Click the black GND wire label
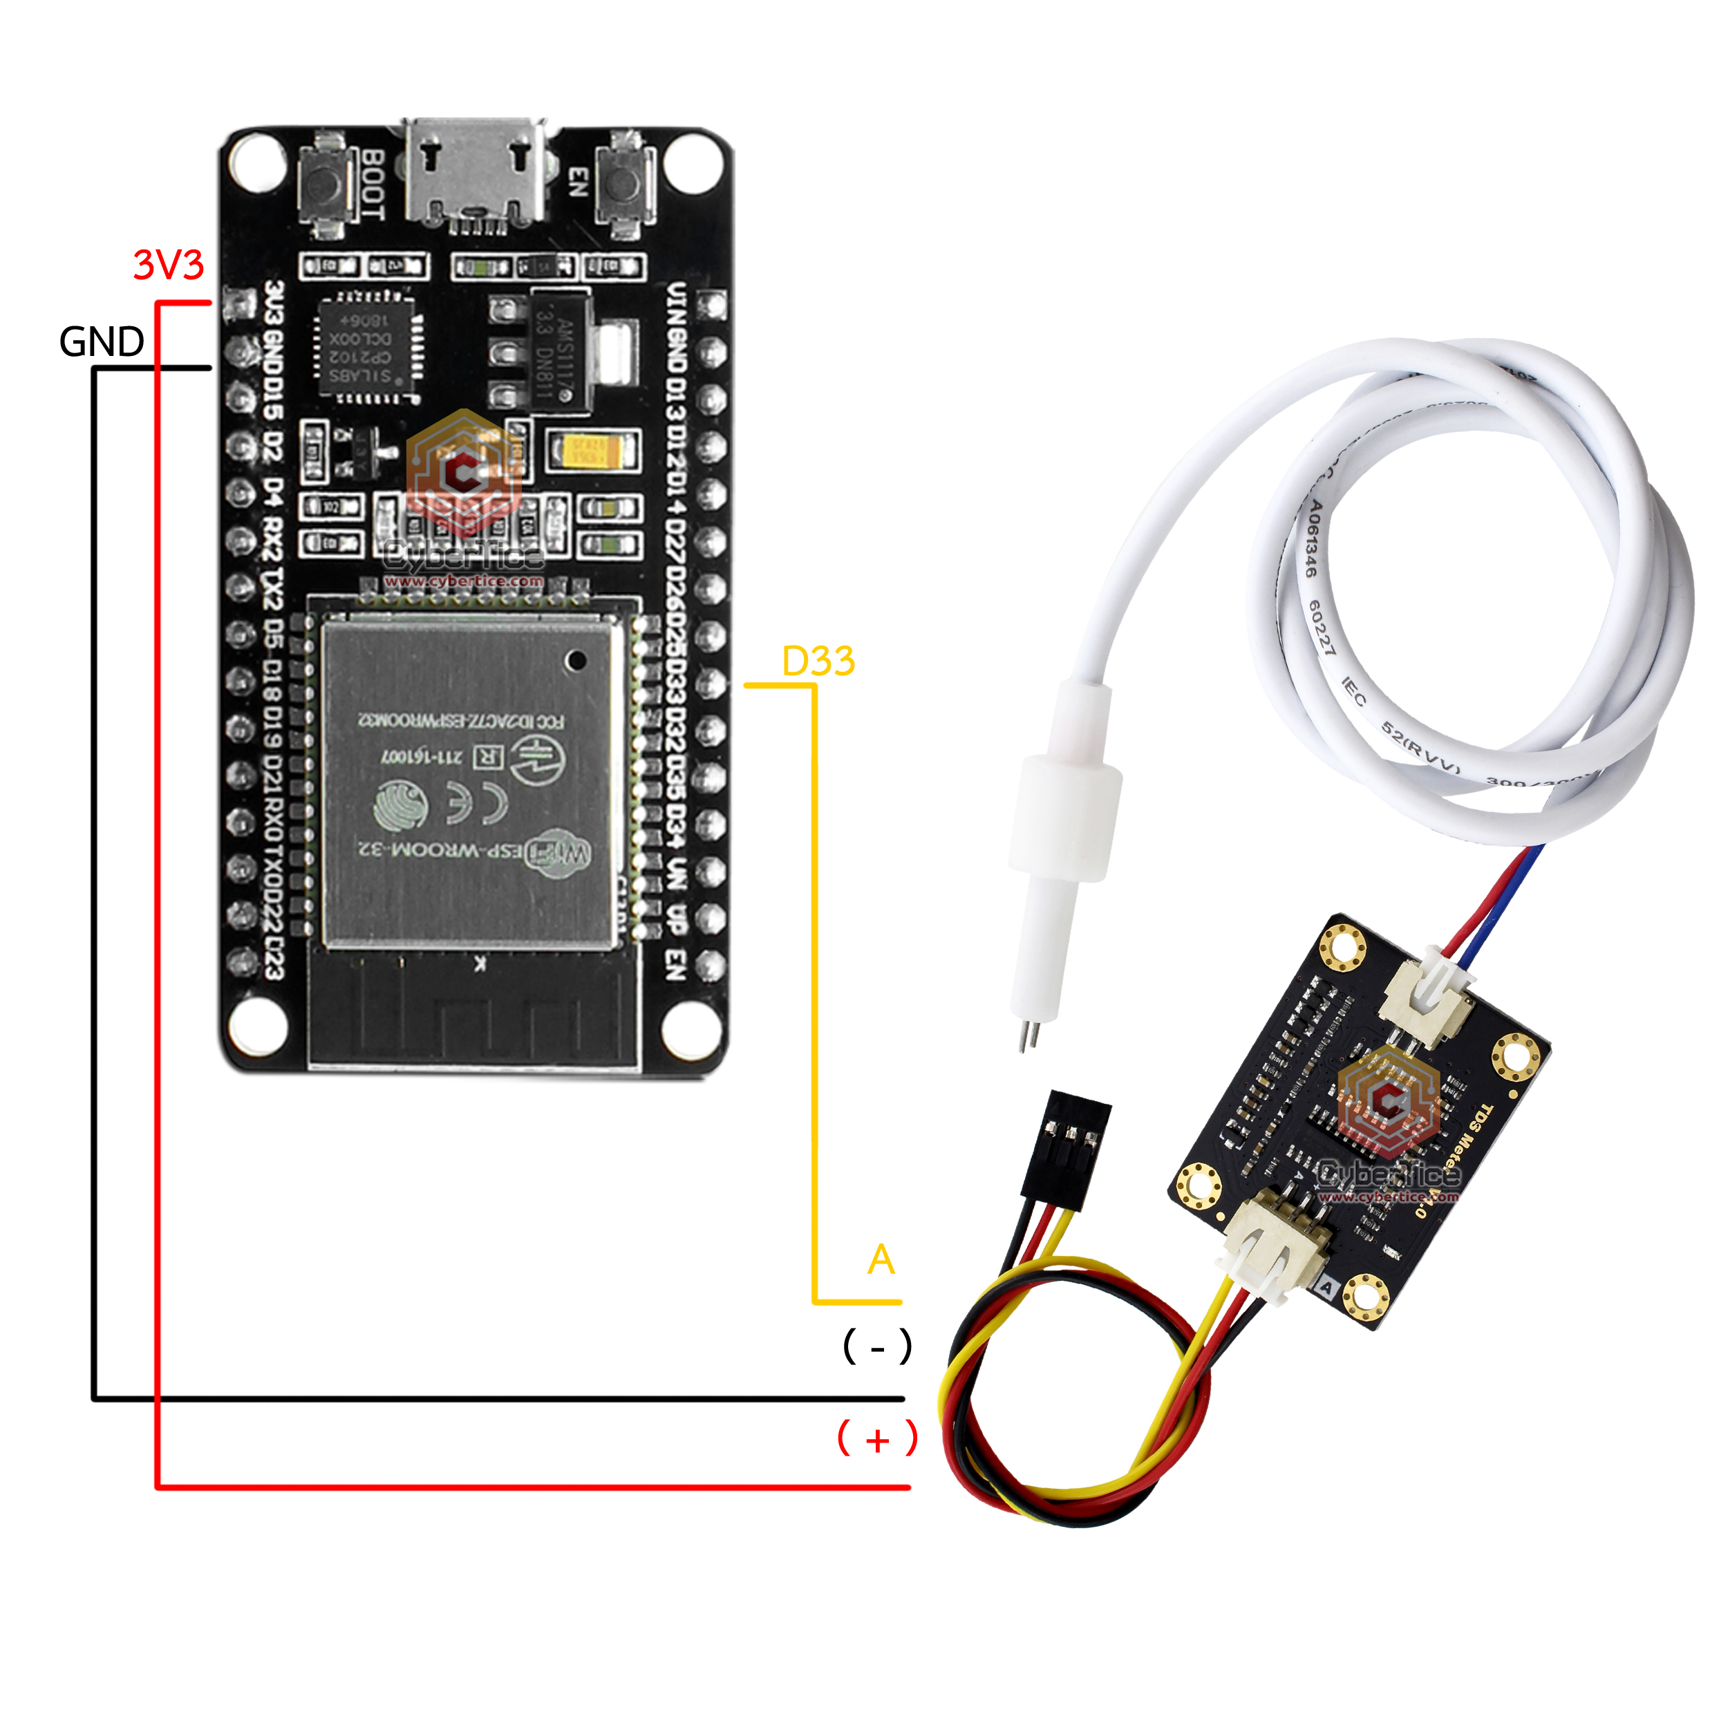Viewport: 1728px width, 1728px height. click(101, 341)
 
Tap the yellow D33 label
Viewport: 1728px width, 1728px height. click(818, 662)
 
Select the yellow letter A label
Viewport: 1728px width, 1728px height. click(881, 1259)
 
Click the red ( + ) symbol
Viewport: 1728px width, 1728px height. click(876, 1439)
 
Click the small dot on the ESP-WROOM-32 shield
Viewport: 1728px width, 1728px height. click(577, 660)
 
